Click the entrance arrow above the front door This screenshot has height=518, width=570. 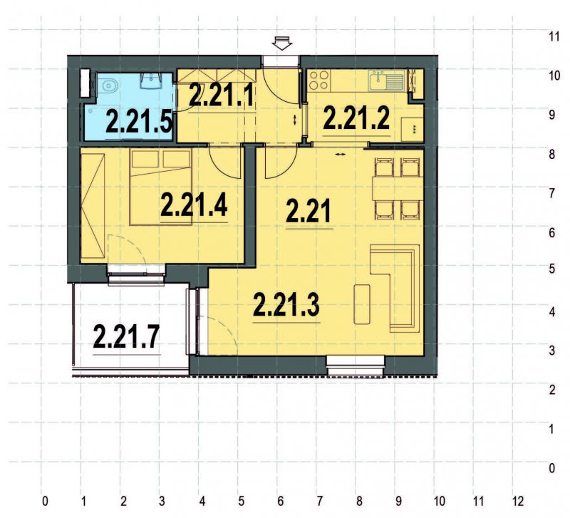[283, 44]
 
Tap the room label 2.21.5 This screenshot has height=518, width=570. [139, 122]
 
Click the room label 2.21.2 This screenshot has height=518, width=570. [356, 118]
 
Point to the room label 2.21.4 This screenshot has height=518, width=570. [194, 205]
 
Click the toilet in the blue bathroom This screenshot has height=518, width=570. [110, 88]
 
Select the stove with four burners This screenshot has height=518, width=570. [318, 80]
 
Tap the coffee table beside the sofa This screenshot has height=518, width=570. [362, 304]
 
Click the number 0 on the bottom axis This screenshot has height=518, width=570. [45, 500]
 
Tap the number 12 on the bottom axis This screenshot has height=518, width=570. [518, 500]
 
